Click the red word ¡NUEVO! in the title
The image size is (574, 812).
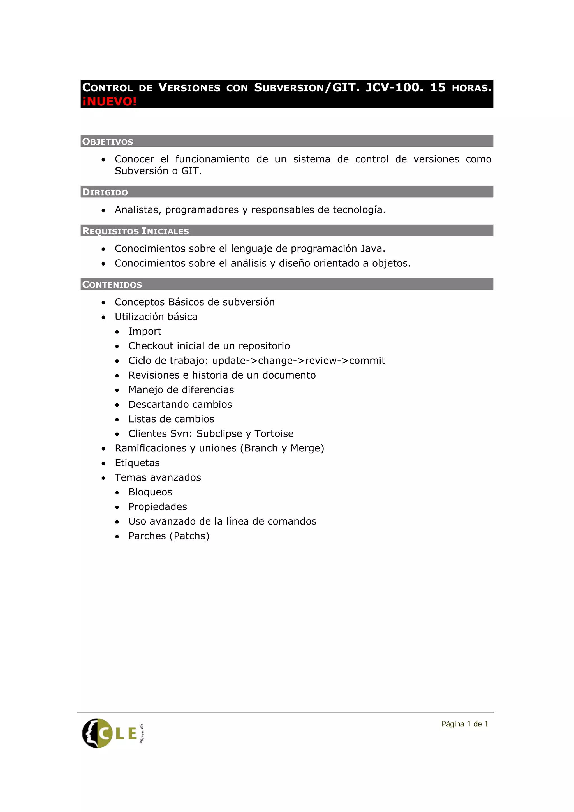pos(109,101)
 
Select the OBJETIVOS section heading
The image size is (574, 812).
pos(107,142)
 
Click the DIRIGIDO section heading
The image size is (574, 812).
pos(105,192)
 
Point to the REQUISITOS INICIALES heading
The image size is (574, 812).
pos(135,231)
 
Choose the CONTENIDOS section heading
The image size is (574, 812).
pos(112,284)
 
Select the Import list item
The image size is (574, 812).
pos(145,331)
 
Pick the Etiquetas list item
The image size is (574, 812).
pos(137,463)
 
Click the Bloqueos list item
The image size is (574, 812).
pos(150,492)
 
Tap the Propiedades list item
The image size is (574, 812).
pos(158,507)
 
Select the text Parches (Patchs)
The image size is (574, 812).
pos(169,536)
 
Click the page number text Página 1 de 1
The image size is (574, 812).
pos(464,724)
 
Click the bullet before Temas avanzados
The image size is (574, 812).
pos(103,478)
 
